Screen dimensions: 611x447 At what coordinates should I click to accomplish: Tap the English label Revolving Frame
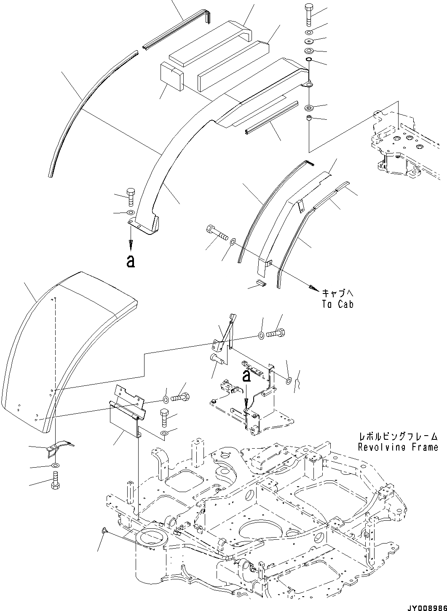click(x=398, y=447)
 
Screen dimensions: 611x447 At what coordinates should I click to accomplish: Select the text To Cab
click(x=337, y=304)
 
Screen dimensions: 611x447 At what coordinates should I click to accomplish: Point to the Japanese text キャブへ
click(x=337, y=293)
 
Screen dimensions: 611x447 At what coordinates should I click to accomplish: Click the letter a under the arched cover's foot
click(x=131, y=262)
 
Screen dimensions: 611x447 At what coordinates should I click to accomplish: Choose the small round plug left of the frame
click(x=104, y=530)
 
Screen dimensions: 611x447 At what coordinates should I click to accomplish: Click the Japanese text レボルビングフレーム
click(x=398, y=437)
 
